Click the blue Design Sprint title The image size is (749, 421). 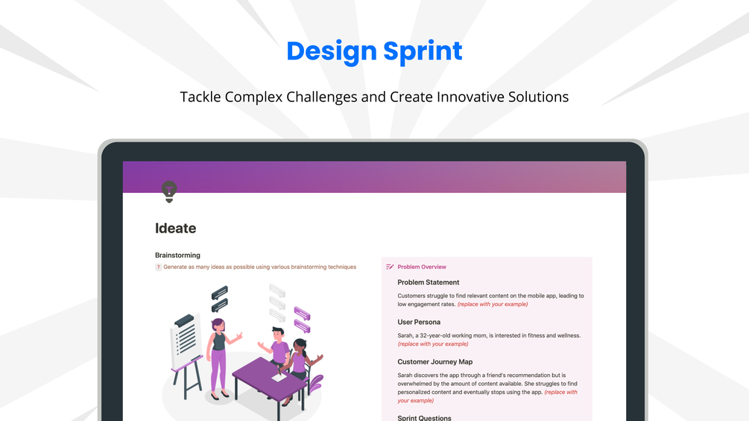pyautogui.click(x=374, y=51)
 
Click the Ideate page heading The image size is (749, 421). pyautogui.click(x=175, y=228)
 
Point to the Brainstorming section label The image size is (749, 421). pyautogui.click(x=177, y=256)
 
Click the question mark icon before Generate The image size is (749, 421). pyautogui.click(x=158, y=268)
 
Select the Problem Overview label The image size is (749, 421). pyautogui.click(x=422, y=267)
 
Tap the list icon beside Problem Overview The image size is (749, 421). pyautogui.click(x=390, y=267)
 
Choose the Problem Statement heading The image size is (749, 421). pyautogui.click(x=428, y=282)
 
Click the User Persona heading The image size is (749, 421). pyautogui.click(x=419, y=322)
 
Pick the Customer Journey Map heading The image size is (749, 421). pyautogui.click(x=434, y=362)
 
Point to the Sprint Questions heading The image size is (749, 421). pyautogui.click(x=424, y=418)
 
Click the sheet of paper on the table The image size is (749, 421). pyautogui.click(x=279, y=377)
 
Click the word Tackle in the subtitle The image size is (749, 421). pyautogui.click(x=200, y=97)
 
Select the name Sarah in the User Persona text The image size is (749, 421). pyautogui.click(x=405, y=335)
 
